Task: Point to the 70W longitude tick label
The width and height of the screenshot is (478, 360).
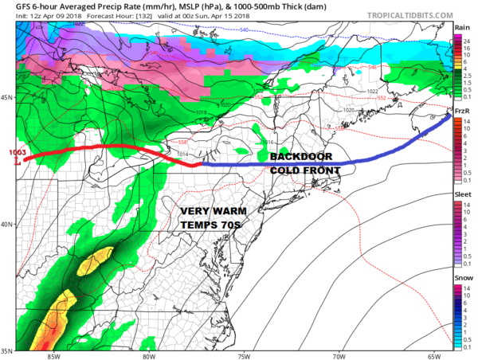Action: (x=340, y=356)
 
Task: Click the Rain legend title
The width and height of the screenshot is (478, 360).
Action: (x=461, y=27)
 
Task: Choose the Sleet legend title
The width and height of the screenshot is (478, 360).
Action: (x=462, y=194)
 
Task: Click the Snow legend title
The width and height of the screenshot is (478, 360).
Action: (x=462, y=277)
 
